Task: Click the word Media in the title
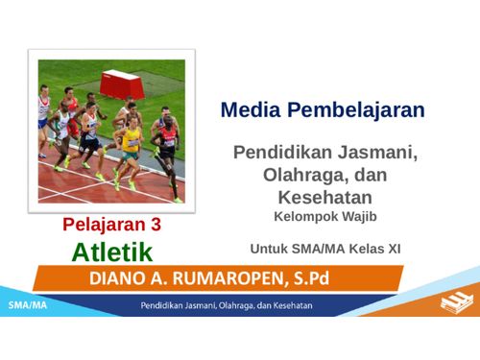[x=249, y=109]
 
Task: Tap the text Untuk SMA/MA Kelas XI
[x=324, y=248]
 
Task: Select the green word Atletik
[x=112, y=253]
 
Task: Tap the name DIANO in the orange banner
[x=120, y=278]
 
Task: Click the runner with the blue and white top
[x=90, y=131]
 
